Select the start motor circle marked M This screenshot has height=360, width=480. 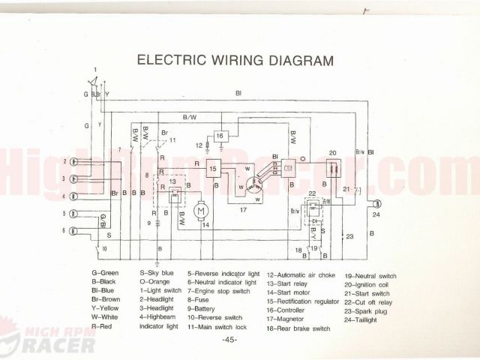point(200,211)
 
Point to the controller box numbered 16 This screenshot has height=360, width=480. point(221,136)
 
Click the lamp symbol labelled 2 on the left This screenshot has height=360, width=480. point(76,161)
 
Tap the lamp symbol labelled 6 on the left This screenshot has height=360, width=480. point(76,231)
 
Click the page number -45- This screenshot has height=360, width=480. point(229,340)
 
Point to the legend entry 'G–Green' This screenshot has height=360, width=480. point(104,274)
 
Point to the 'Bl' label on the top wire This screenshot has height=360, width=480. point(238,93)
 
